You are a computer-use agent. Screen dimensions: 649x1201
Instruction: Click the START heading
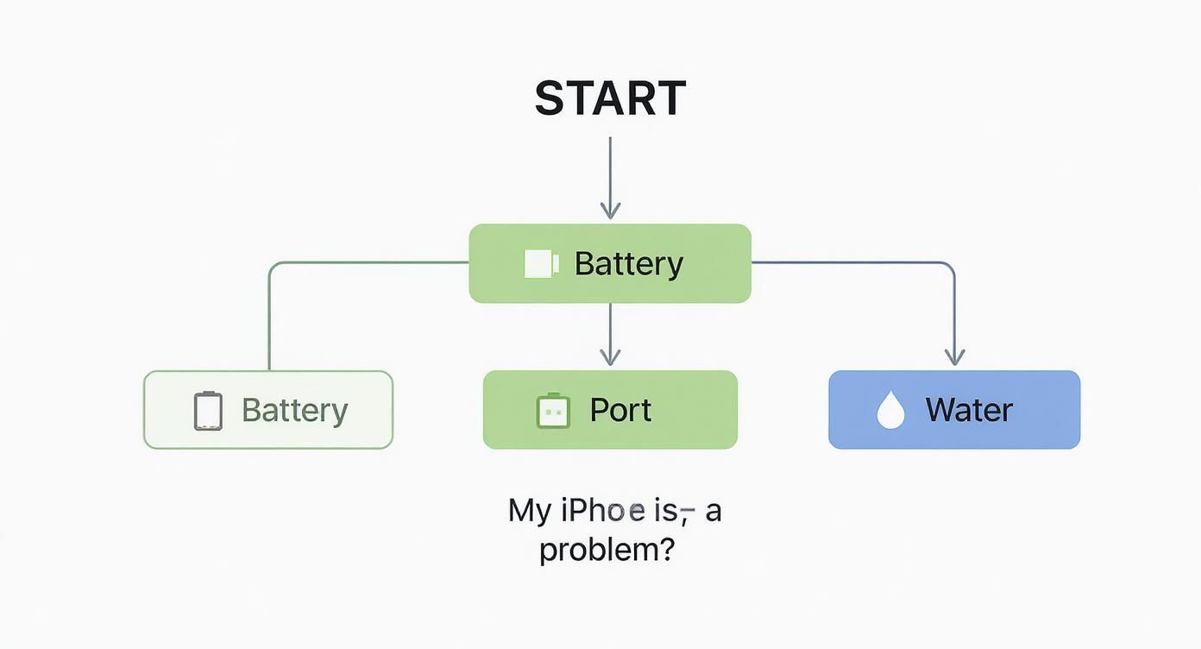[610, 98]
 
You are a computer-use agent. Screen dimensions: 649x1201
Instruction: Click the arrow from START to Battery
[610, 177]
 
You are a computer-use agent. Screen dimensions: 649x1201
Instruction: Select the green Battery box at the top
[610, 263]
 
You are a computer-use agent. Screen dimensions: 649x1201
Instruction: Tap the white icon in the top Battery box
[542, 263]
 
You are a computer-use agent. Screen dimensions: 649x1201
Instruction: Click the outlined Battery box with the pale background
[268, 410]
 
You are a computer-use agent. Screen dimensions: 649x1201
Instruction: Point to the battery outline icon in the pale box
[208, 410]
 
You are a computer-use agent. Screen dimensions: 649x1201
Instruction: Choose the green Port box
[610, 410]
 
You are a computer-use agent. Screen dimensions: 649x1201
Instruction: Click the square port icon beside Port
[554, 411]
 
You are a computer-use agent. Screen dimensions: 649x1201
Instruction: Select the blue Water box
[954, 410]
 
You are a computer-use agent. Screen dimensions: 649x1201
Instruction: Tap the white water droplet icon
[890, 410]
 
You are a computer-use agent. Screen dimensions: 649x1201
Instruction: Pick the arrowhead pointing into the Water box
[954, 356]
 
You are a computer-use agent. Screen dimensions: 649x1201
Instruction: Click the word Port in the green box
[621, 410]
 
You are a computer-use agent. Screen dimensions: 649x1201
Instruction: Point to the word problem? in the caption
[607, 550]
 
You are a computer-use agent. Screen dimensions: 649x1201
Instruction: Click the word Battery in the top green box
[629, 263]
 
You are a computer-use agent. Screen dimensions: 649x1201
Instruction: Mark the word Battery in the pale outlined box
[295, 410]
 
